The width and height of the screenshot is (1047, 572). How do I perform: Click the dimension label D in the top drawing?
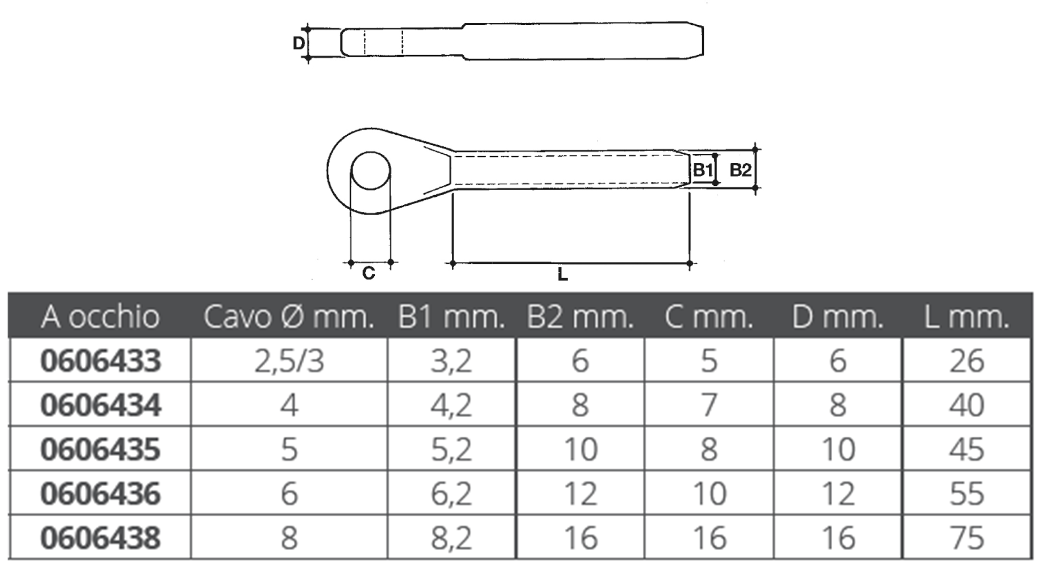pyautogui.click(x=299, y=43)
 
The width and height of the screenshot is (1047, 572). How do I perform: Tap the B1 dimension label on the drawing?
pyautogui.click(x=703, y=170)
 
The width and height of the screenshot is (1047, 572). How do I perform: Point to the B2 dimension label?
pyautogui.click(x=740, y=170)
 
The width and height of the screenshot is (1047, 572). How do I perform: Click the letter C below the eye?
pyautogui.click(x=369, y=273)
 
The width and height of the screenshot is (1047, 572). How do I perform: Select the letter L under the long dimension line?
pyautogui.click(x=563, y=274)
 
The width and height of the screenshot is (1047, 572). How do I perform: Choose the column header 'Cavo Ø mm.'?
pyautogui.click(x=289, y=317)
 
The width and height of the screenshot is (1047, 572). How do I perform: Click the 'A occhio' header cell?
pyautogui.click(x=100, y=317)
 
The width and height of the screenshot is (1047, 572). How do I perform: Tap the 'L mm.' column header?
pyautogui.click(x=967, y=317)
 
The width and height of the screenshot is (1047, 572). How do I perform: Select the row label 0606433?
pyautogui.click(x=100, y=361)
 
